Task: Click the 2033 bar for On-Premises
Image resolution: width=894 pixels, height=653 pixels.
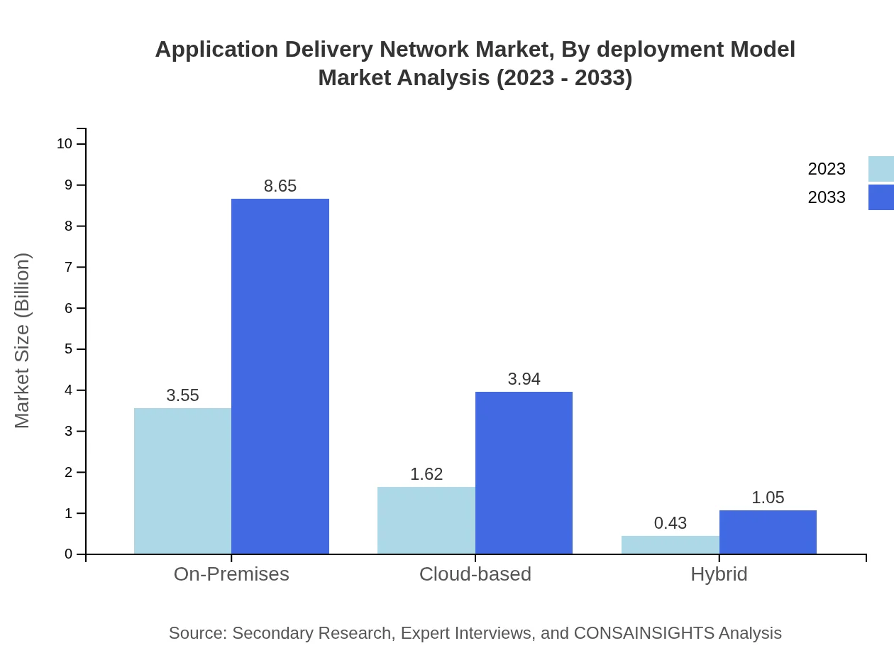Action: point(280,376)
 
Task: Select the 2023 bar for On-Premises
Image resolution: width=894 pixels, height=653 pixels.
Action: point(182,481)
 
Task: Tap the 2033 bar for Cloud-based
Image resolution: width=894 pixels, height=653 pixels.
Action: point(524,473)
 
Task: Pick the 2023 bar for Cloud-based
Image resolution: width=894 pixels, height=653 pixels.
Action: point(426,520)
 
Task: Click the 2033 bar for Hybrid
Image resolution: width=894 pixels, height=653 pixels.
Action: point(768,532)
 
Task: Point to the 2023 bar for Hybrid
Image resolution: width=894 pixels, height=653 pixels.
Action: point(670,544)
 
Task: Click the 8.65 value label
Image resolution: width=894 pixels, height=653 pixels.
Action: point(280,186)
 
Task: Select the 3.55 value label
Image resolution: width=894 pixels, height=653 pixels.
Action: point(182,395)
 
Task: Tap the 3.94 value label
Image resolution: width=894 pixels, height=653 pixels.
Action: point(524,379)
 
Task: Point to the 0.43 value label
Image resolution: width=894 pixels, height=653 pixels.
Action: point(670,523)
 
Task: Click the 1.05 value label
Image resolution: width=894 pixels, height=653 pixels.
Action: point(768,498)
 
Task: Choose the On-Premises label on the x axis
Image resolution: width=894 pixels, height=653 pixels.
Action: point(231,574)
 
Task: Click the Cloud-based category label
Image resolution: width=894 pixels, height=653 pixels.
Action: point(475,574)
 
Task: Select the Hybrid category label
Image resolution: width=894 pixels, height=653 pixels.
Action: point(719,574)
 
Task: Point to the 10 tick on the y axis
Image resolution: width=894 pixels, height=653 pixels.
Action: point(65,144)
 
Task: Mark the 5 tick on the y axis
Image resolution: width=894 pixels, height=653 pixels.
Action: point(69,349)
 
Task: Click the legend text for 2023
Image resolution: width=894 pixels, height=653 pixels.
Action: point(827,169)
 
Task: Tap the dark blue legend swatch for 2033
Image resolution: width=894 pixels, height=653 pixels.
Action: point(881,197)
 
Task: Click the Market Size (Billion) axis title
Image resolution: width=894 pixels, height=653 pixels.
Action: point(22,341)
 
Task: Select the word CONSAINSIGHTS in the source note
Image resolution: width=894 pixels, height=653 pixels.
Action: point(644,633)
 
